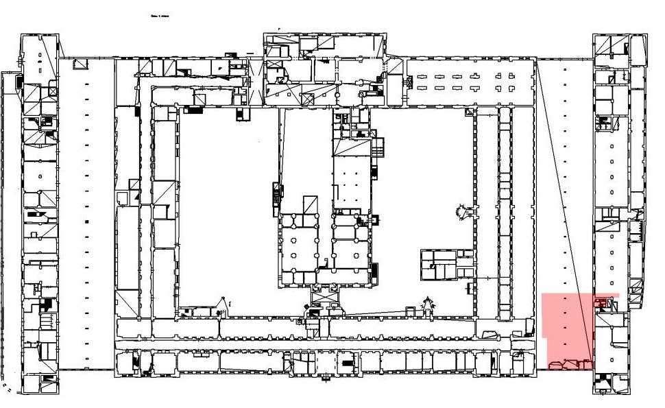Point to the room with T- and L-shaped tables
tap(470, 82)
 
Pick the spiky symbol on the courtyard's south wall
tap(429, 305)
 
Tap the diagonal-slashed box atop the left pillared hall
tap(310, 204)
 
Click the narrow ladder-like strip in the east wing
tap(506, 213)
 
